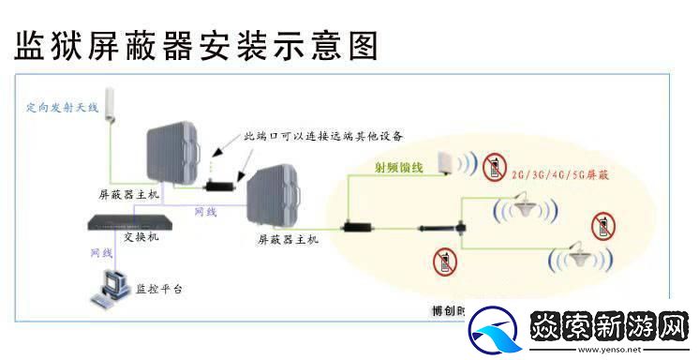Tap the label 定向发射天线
[62, 109]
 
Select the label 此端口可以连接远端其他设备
[323, 137]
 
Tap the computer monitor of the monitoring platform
[113, 283]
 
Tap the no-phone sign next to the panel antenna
[493, 167]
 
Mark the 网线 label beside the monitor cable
[100, 254]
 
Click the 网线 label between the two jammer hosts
[205, 212]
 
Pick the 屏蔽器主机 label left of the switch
[128, 193]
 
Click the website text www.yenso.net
[614, 350]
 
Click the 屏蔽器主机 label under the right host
[289, 239]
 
